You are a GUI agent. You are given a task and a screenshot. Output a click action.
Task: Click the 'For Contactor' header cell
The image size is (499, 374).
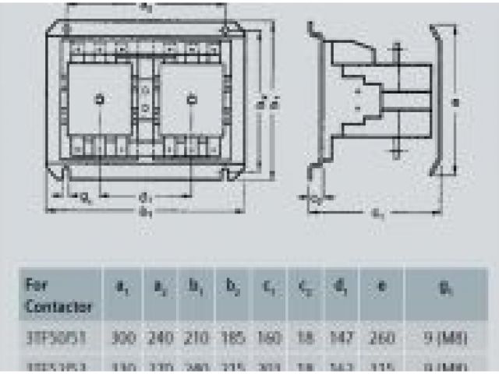point(58,295)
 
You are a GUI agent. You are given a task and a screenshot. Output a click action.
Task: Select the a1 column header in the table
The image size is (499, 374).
point(122,290)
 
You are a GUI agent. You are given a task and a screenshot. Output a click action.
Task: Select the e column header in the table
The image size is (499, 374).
point(380,290)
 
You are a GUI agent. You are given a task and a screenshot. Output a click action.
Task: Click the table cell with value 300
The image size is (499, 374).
point(122,339)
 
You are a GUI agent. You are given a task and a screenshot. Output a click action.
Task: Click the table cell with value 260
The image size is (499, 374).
point(380,339)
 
